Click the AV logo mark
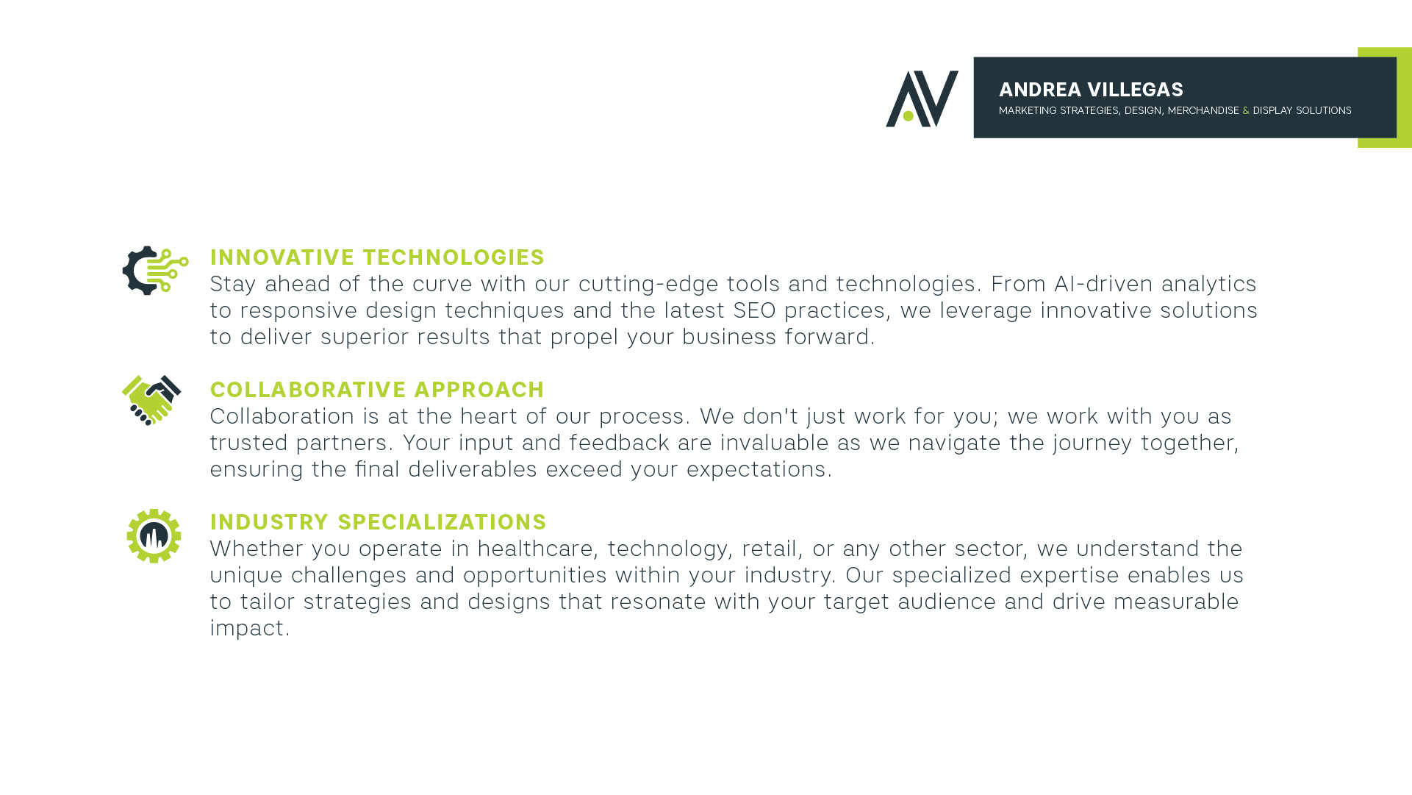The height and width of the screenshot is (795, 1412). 922,99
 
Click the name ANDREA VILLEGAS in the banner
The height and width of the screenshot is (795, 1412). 1091,90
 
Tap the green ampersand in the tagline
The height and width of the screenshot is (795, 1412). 1246,110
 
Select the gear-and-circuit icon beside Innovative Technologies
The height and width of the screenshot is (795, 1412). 155,271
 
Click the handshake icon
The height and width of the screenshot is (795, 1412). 151,400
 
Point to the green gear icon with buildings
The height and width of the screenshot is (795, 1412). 154,536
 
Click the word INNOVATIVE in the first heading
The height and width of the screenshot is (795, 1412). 282,257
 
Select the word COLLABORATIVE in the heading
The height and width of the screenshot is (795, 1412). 308,390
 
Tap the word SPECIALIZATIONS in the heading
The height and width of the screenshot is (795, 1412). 442,522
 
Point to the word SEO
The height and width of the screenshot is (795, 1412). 754,310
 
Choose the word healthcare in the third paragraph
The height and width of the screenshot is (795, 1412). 535,549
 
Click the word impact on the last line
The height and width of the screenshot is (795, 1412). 247,629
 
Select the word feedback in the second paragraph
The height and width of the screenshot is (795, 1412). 619,443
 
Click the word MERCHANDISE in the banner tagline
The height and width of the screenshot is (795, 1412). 1203,110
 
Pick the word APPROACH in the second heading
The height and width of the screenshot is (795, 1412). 479,390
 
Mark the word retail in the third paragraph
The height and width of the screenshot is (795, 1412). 769,549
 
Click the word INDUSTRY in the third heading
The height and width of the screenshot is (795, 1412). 269,522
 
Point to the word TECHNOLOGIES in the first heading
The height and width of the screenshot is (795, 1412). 454,257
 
